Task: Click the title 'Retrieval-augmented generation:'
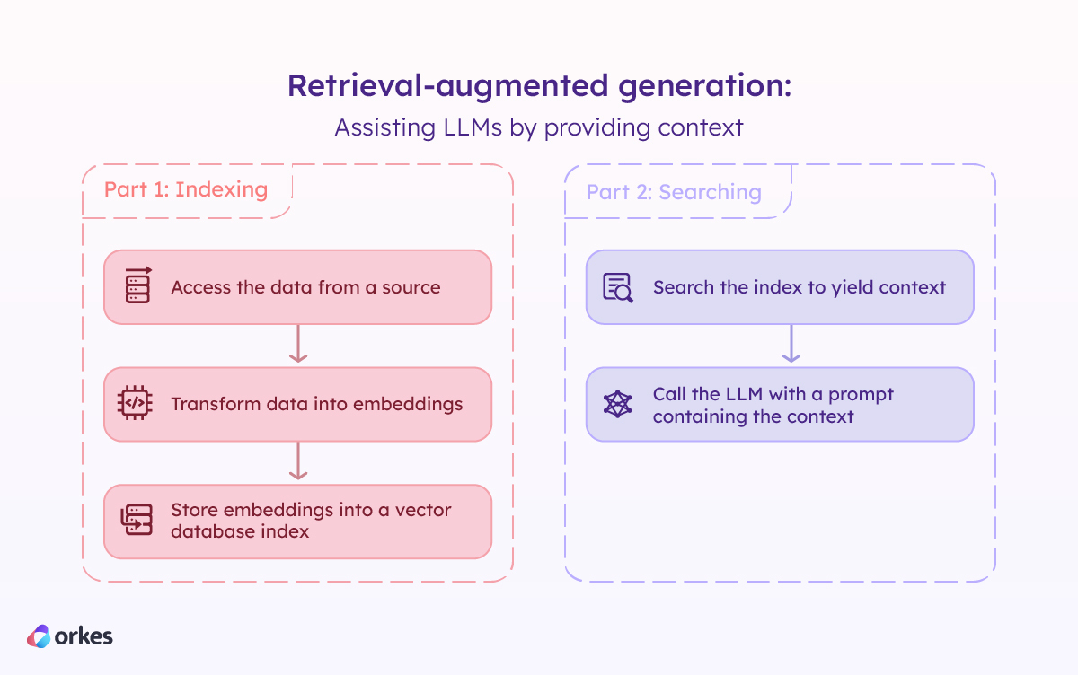pyautogui.click(x=539, y=86)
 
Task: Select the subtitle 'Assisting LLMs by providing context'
pyautogui.click(x=539, y=127)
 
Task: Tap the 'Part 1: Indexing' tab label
pyautogui.click(x=186, y=190)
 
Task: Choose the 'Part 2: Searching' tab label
pyautogui.click(x=674, y=192)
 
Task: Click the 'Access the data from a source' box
pyautogui.click(x=297, y=287)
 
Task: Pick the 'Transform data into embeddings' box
pyautogui.click(x=297, y=404)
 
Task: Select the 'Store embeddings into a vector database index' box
pyautogui.click(x=297, y=521)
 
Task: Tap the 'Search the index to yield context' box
pyautogui.click(x=780, y=287)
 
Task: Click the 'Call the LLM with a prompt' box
pyautogui.click(x=780, y=404)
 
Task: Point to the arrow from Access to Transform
pyautogui.click(x=298, y=345)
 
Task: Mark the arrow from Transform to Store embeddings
pyautogui.click(x=298, y=461)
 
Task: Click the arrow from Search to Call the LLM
pyautogui.click(x=791, y=345)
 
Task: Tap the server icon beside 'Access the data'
pyautogui.click(x=137, y=286)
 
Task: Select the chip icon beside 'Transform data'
pyautogui.click(x=135, y=403)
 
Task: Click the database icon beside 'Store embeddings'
pyautogui.click(x=137, y=521)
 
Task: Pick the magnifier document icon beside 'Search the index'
pyautogui.click(x=618, y=287)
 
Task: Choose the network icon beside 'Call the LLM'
pyautogui.click(x=617, y=404)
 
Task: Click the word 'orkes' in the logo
pyautogui.click(x=84, y=636)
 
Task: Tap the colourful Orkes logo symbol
pyautogui.click(x=39, y=636)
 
